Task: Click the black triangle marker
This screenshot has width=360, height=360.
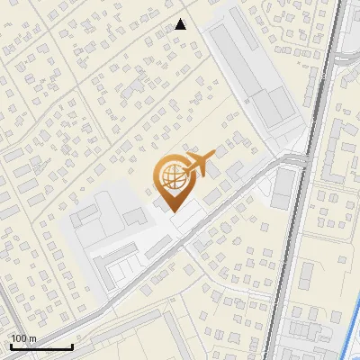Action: point(180,24)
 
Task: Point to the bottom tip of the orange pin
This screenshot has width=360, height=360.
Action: point(171,211)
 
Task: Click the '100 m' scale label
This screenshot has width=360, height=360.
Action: point(22,338)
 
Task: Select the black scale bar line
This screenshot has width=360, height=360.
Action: point(40,346)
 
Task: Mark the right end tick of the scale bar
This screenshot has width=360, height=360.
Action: point(72,345)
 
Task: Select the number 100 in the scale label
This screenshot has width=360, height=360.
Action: point(18,338)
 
